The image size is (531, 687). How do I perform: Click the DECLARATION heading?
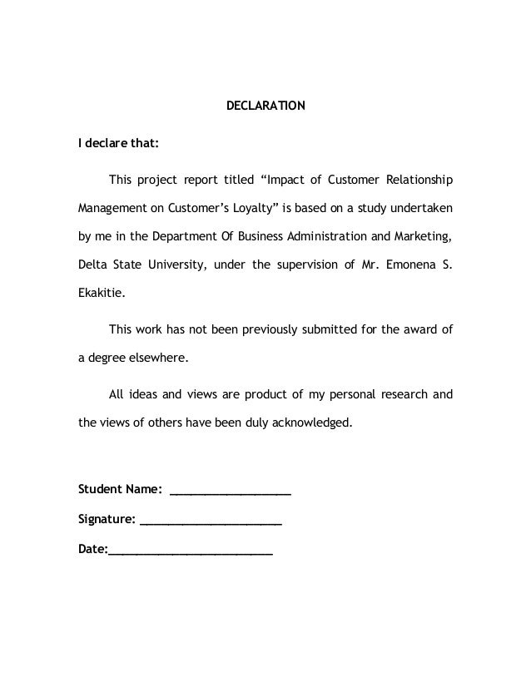click(x=266, y=106)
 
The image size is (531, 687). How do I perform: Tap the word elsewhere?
click(x=159, y=357)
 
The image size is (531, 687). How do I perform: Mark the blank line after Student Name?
click(x=230, y=492)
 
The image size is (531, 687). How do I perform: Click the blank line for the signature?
click(x=211, y=524)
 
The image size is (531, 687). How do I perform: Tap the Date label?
click(x=92, y=550)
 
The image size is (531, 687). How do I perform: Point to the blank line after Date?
click(x=190, y=554)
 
